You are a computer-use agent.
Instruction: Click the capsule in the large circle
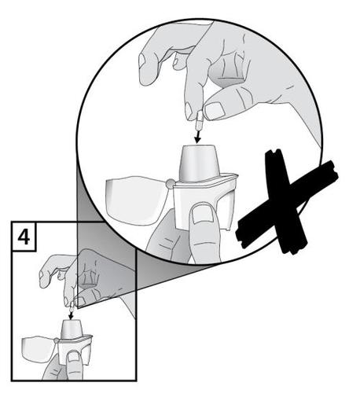pyautogui.click(x=198, y=119)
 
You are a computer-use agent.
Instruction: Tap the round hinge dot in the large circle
pyautogui.click(x=170, y=185)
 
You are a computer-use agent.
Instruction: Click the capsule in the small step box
pyautogui.click(x=72, y=299)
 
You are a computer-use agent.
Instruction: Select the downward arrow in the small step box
pyautogui.click(x=72, y=310)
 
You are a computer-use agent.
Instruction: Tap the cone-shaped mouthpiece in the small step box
pyautogui.click(x=72, y=325)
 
